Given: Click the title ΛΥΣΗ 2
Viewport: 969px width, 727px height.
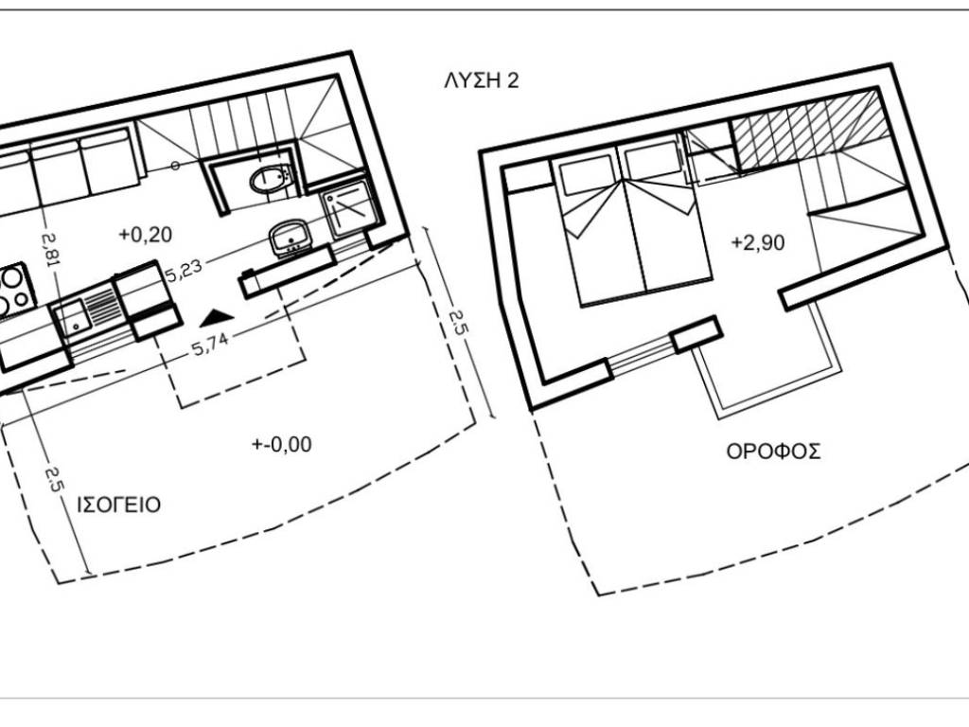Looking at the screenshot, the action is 482,81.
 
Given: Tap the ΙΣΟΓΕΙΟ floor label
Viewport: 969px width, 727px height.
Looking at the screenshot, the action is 118,505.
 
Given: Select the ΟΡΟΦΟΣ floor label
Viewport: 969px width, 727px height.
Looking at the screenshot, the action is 773,452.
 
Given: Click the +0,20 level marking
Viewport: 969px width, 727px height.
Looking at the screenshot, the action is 145,235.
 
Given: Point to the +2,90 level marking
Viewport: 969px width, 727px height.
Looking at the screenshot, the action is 758,241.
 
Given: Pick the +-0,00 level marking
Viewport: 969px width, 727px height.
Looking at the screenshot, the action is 282,444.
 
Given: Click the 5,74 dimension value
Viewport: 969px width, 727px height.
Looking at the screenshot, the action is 210,345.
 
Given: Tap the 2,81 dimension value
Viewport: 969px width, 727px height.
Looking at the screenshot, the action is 51,250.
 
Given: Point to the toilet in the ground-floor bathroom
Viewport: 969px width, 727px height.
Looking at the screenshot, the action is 269,180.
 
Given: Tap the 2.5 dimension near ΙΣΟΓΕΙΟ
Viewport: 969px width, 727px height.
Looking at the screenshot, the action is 54,479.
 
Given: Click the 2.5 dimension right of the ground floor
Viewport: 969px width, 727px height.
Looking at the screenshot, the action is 458,323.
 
